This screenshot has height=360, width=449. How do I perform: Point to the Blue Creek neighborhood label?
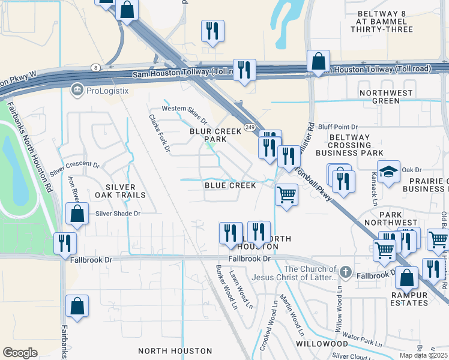click(231, 186)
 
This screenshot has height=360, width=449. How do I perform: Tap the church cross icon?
click(345, 272)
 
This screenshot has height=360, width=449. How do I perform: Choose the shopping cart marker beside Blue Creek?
click(286, 194)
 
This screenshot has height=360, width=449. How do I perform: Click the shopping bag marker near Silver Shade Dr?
click(77, 214)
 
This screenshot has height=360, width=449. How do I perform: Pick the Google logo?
click(20, 353)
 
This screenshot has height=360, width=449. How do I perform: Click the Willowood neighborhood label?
click(322, 344)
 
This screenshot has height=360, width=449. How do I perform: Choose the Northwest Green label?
click(386, 97)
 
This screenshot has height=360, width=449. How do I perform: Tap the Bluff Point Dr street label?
click(337, 127)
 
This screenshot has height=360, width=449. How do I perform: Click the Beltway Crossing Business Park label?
click(349, 145)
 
